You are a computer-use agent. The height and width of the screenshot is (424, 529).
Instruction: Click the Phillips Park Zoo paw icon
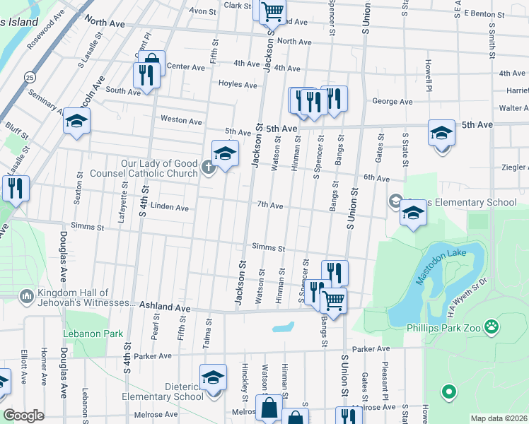tap(492, 327)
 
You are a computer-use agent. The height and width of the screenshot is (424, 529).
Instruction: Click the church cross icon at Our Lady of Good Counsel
tap(207, 168)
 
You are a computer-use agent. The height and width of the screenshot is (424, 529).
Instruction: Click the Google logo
tap(23, 416)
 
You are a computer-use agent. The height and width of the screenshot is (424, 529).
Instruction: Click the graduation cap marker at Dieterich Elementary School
tap(212, 377)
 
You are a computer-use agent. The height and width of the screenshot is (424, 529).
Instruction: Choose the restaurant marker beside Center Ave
tap(146, 74)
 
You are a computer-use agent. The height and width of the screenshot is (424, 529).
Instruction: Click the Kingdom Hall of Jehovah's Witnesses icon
tap(26, 293)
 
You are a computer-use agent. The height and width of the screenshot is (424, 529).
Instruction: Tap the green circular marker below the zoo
tap(447, 391)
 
